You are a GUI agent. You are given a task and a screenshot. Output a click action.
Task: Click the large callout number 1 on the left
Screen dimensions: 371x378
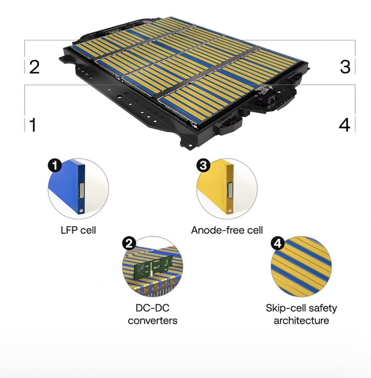coord(33,124)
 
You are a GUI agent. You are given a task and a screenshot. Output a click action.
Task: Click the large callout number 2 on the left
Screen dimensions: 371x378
coord(34,67)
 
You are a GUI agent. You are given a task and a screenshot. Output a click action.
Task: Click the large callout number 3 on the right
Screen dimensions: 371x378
coord(345,66)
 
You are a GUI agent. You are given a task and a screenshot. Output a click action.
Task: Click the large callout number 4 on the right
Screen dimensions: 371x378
coord(344,125)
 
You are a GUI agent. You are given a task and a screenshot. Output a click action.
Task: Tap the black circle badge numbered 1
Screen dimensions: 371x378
coord(55,165)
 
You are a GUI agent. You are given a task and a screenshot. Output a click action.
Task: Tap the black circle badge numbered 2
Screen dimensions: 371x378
coord(129,243)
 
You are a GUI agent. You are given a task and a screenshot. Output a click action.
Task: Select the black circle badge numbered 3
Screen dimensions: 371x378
coord(203,165)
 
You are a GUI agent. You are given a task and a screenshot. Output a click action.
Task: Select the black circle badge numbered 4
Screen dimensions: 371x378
coord(278,243)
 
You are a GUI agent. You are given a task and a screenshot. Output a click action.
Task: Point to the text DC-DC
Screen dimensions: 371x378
coord(153,308)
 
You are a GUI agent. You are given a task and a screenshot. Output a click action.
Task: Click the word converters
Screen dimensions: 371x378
coord(153,321)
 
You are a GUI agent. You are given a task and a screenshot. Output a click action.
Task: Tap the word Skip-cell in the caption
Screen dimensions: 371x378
coord(283,308)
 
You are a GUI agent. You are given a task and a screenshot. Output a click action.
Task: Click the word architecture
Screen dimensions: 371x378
coord(301,321)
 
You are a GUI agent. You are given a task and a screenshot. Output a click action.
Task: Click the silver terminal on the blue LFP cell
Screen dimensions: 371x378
coord(82,191)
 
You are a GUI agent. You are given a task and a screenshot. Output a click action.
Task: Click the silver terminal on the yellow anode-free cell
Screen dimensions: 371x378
coord(230,191)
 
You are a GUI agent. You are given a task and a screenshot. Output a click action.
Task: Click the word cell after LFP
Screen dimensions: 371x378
coord(88,230)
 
